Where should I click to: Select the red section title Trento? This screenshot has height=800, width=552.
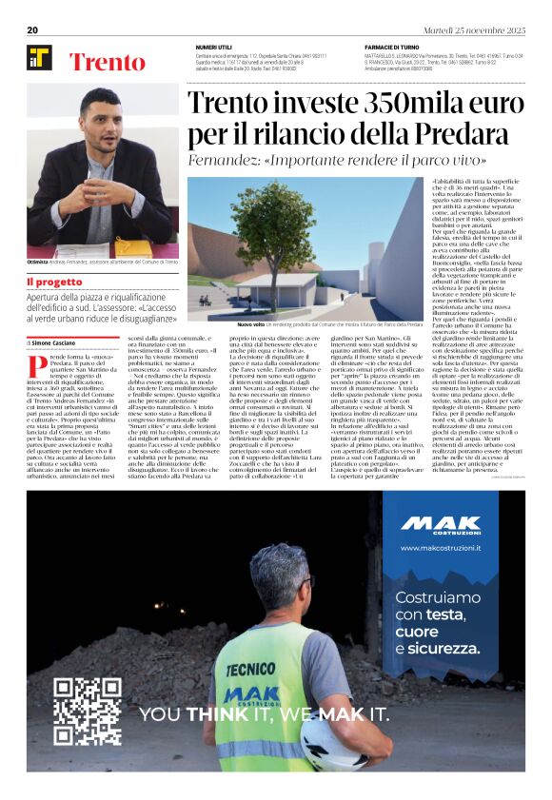click(x=107, y=63)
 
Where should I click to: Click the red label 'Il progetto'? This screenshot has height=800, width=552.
click(x=54, y=282)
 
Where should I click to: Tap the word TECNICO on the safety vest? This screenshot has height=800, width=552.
click(x=250, y=670)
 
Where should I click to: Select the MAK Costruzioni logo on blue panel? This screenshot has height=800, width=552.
click(x=440, y=525)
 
